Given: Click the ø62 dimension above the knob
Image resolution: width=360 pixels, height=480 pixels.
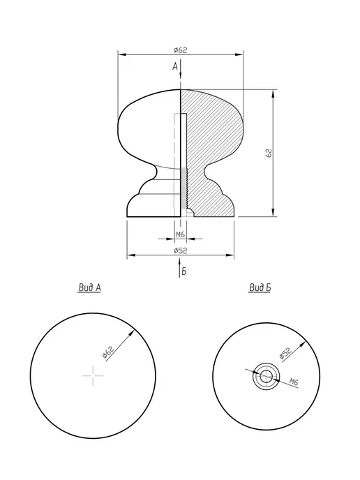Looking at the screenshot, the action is tap(180, 50).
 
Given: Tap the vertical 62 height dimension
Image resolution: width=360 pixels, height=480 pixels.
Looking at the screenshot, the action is tap(269, 153).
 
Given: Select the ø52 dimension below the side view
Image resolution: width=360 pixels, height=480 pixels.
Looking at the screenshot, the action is tap(180, 250).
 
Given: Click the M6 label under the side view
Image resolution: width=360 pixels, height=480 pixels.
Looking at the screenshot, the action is tap(180, 234).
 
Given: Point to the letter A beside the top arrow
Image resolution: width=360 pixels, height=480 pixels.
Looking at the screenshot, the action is tap(175, 66).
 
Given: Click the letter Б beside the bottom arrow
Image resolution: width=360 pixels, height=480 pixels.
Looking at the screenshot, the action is tap(184, 271).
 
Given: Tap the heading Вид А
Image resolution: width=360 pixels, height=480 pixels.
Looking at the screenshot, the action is tap(89, 287).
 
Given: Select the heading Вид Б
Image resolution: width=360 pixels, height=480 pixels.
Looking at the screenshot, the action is tap(260, 287).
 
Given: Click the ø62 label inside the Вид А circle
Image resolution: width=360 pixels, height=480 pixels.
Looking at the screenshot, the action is tap(108, 352).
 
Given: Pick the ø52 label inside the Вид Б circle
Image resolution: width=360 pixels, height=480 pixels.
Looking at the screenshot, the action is tap(285, 353).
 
